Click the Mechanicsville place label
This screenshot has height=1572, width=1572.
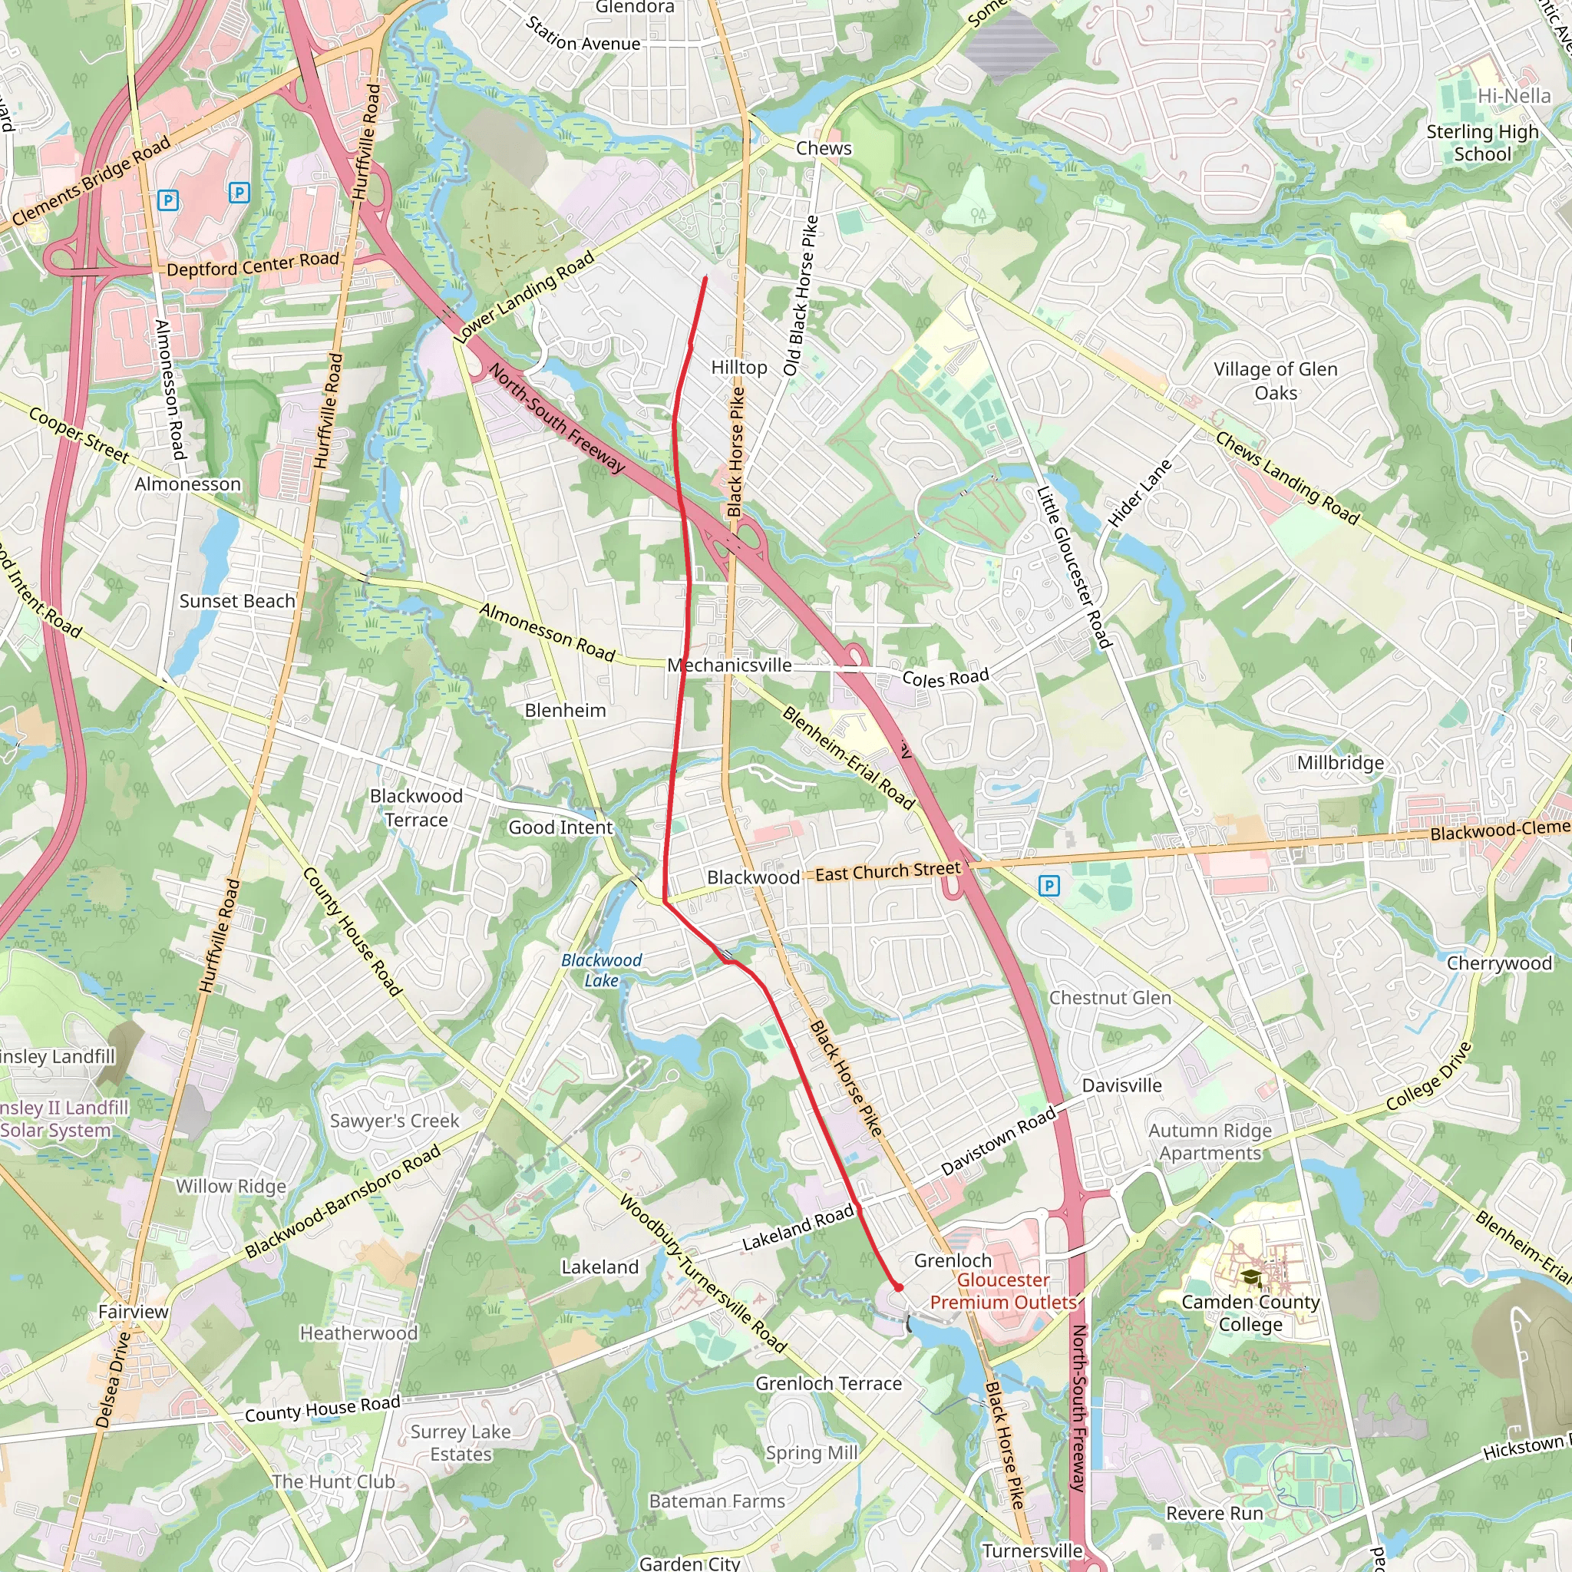tap(729, 665)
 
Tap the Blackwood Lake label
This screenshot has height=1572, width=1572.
tap(601, 970)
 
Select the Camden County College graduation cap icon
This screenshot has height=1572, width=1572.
tap(1250, 1276)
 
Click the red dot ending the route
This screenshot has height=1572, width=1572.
tap(898, 1287)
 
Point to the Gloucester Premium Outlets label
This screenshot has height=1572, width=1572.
tap(1002, 1290)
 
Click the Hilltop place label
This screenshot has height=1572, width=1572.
tap(739, 368)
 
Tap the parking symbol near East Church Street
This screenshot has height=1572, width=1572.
tap(1049, 885)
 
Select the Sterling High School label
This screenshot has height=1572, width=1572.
tap(1482, 143)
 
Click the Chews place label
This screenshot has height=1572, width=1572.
tap(824, 148)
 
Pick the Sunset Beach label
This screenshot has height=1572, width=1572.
tap(236, 601)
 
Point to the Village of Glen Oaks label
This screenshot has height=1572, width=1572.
tap(1276, 381)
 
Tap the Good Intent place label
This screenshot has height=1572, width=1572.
tap(560, 827)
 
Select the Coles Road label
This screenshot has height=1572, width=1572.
tap(946, 677)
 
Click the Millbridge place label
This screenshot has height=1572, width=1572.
tap(1340, 762)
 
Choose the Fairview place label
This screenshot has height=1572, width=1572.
tap(134, 1312)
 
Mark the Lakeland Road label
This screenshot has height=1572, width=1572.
tap(798, 1228)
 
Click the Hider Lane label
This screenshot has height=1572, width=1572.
tap(1139, 494)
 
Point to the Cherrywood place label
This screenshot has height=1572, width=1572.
tap(1499, 963)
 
